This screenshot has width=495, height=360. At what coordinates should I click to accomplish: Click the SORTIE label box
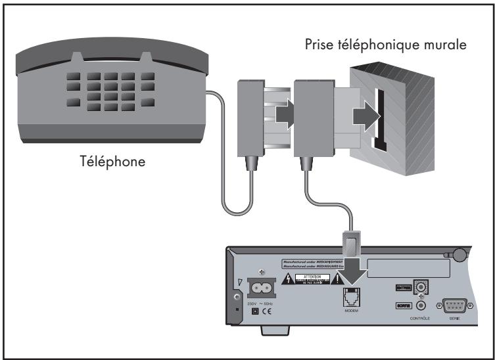tap(403, 305)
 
